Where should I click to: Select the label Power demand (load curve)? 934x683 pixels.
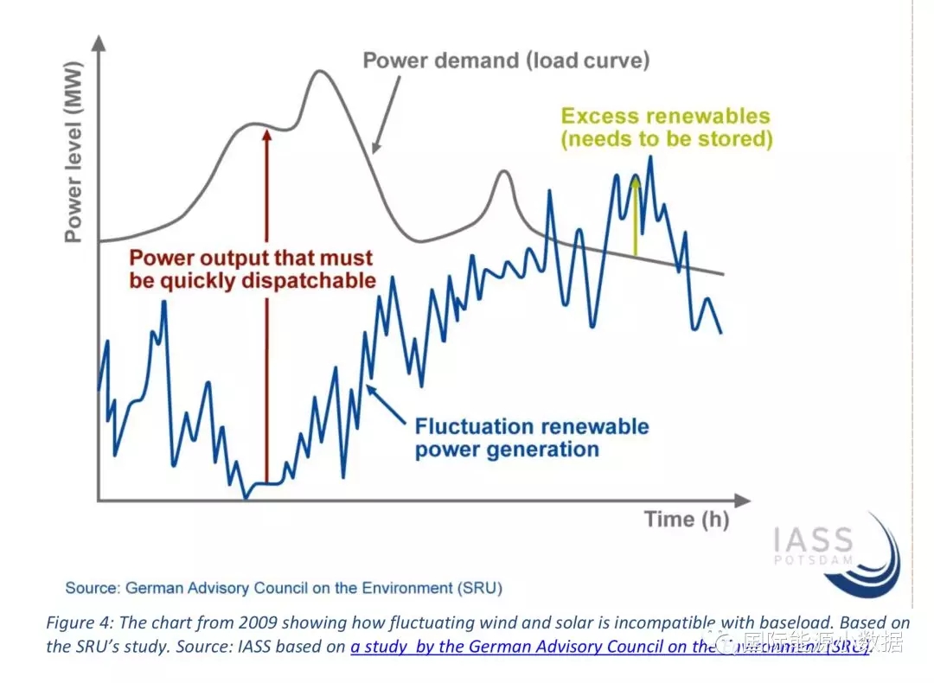tap(506, 61)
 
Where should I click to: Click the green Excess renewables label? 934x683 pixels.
tap(666, 127)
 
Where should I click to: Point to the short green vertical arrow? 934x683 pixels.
tap(636, 216)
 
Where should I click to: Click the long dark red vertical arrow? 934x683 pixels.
tap(266, 303)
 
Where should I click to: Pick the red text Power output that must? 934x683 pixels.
tap(251, 258)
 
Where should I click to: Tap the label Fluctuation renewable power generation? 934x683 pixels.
tap(531, 437)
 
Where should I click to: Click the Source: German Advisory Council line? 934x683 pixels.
tap(284, 588)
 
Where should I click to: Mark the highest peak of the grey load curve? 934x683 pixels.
tap(322, 71)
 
